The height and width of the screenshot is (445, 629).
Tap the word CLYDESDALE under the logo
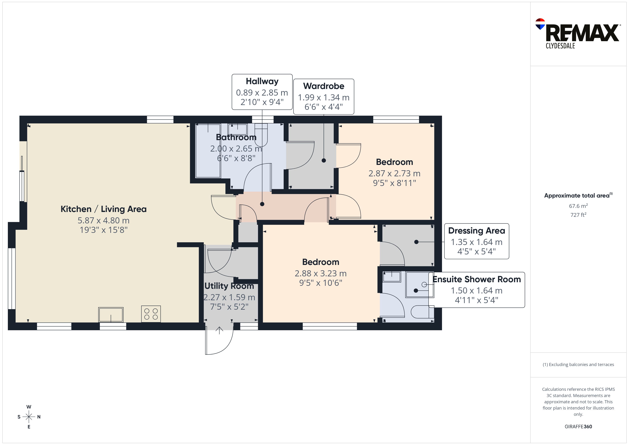(560, 46)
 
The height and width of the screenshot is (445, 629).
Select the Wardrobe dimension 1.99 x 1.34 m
(324, 97)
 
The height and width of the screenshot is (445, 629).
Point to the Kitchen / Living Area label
(104, 209)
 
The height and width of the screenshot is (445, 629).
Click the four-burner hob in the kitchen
(151, 314)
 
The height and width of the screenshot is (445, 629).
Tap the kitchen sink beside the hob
(111, 314)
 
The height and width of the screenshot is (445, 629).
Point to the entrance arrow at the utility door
(219, 331)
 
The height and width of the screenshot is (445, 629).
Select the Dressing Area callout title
(476, 231)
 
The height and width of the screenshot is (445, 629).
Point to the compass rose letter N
(39, 417)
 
